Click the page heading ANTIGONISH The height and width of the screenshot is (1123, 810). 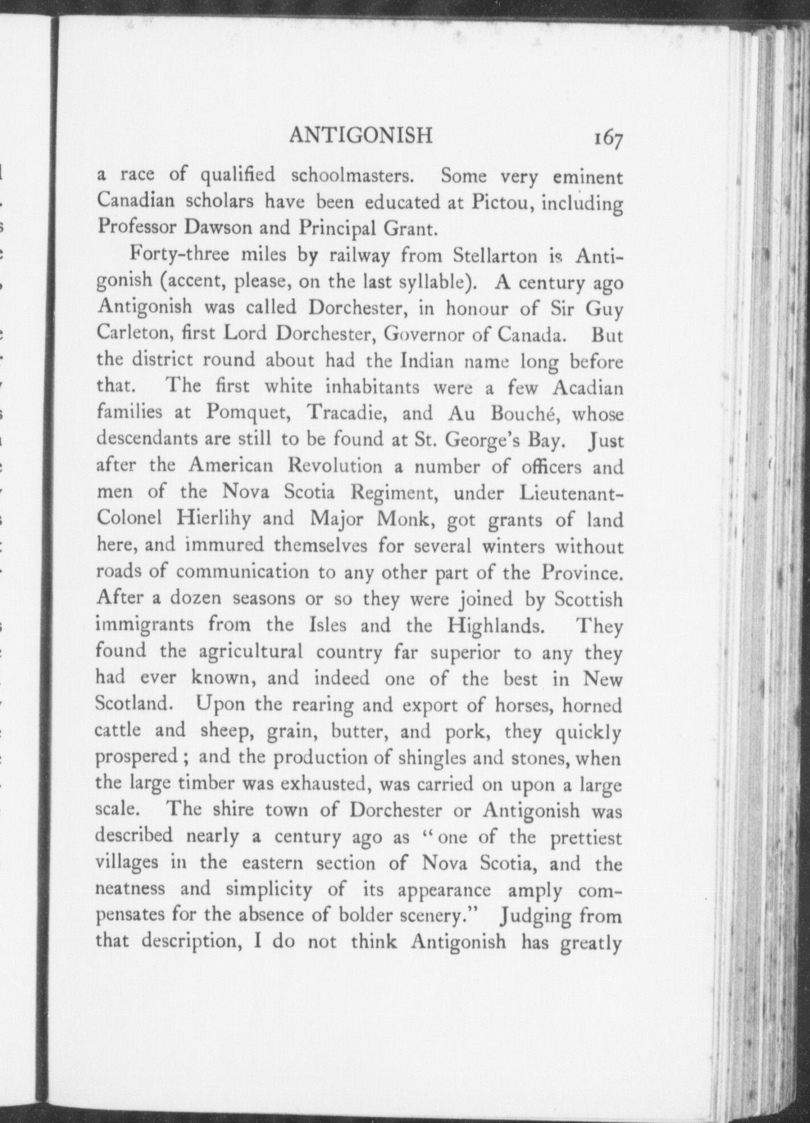(x=361, y=136)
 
